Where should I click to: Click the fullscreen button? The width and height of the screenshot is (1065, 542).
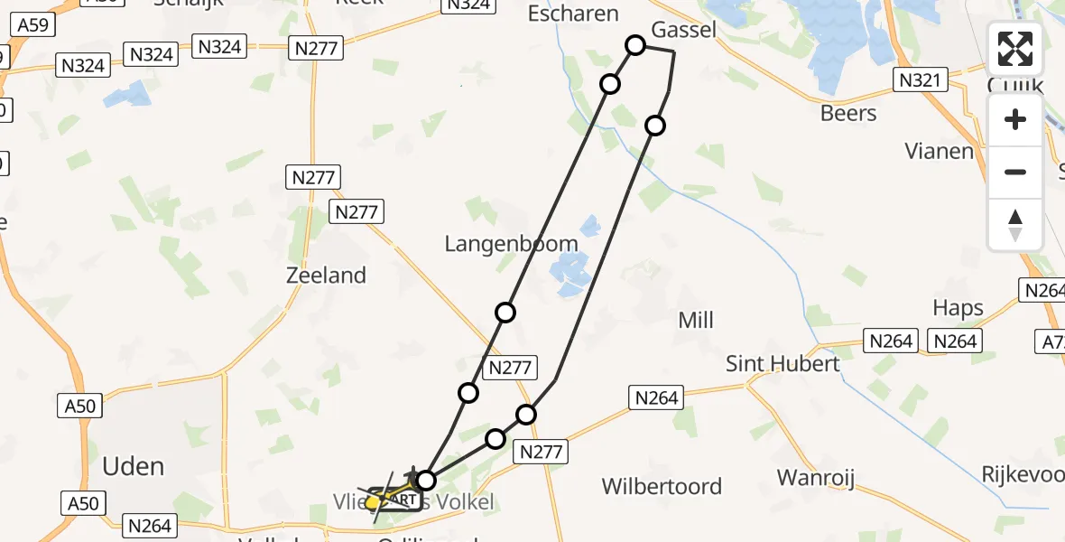pos(1015,49)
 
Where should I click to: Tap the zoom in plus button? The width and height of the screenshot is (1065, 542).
pos(1015,119)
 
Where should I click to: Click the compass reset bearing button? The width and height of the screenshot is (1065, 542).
pos(1015,225)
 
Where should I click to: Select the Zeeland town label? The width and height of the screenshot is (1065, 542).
pos(326,276)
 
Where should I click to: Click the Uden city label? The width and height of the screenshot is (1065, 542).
pos(134,466)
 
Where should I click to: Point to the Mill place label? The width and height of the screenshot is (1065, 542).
pos(695,320)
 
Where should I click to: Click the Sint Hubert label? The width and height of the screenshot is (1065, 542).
pos(783,363)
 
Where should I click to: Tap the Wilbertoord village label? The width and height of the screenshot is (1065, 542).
pos(662,487)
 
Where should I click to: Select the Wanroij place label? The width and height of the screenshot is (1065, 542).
pos(816,478)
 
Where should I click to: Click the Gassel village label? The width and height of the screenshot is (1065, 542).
pos(684,30)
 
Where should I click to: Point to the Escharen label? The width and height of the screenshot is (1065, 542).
pos(573,14)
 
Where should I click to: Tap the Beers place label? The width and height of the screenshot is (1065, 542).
pos(848,113)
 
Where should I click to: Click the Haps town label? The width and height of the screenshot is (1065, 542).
pos(958,308)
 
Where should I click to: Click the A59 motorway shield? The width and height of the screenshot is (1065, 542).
pos(34,25)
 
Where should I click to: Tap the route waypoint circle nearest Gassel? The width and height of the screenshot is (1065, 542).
pos(635,45)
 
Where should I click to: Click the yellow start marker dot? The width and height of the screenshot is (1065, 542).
pos(372,501)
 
